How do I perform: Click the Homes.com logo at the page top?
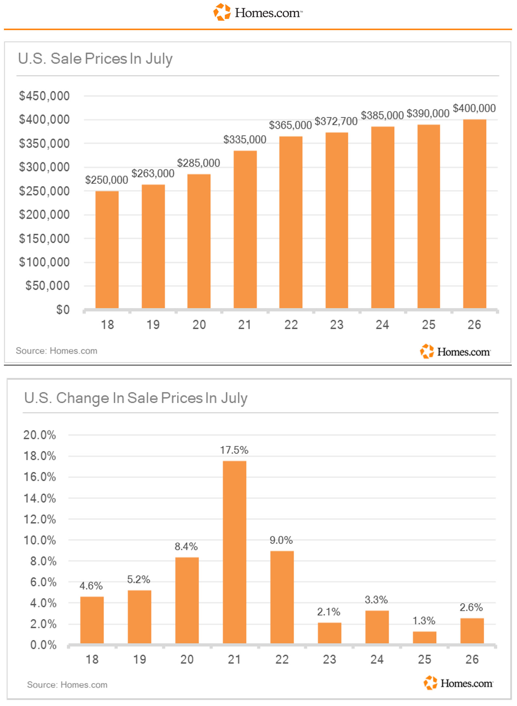[258, 12]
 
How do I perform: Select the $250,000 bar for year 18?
[107, 250]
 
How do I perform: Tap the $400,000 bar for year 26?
[474, 214]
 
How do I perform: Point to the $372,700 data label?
[336, 121]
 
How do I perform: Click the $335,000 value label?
[245, 139]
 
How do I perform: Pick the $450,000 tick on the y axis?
[44, 96]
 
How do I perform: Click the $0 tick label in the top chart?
[63, 309]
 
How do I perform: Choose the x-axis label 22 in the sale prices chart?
[291, 325]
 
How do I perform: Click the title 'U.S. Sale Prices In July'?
[95, 59]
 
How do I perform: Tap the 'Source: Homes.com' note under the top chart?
[57, 351]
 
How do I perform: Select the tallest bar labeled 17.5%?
[235, 552]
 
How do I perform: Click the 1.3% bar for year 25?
[424, 637]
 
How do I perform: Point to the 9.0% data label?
[281, 540]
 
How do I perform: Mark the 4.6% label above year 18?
[91, 585]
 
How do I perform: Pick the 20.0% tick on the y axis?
[40, 435]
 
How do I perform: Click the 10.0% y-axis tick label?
[40, 540]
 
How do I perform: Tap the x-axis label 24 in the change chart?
[377, 659]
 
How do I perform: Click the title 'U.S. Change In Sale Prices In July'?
[136, 398]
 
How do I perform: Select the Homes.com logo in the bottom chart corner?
[458, 683]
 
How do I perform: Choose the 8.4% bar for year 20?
[187, 601]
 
